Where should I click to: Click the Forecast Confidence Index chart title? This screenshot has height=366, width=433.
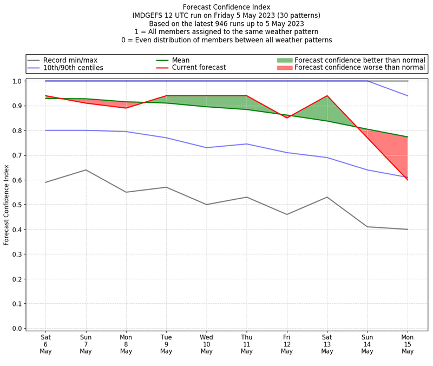226,7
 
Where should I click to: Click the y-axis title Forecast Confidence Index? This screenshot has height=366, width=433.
6,205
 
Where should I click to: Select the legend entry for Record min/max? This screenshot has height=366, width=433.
70,60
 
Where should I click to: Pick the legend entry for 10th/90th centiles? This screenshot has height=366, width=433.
73,68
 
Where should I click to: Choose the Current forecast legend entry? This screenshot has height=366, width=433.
199,68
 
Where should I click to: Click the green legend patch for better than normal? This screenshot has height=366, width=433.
285,60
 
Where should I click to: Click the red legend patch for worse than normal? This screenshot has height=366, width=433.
285,68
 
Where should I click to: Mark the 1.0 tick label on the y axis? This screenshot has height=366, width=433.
17,81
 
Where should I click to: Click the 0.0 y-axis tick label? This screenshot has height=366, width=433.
17,328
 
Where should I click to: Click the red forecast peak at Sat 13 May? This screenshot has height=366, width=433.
327,96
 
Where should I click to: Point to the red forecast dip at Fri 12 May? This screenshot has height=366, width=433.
287,118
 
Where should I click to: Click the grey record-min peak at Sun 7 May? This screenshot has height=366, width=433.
86,170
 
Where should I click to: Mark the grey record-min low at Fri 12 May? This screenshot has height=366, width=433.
287,214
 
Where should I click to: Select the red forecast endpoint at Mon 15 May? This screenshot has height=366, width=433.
407,180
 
